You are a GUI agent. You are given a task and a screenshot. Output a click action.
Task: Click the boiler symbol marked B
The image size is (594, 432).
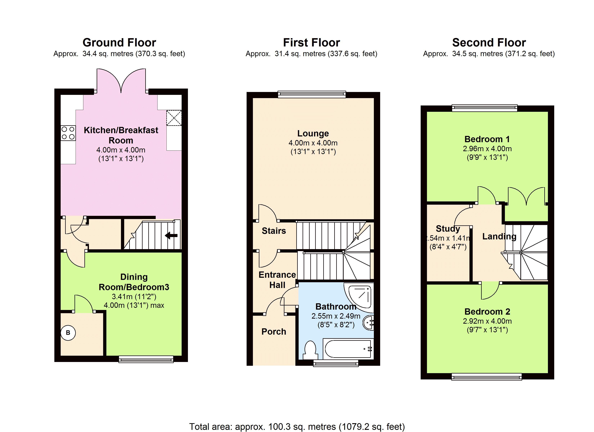coord(68,333)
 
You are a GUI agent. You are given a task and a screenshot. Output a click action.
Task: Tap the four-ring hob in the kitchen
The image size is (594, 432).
coord(68,133)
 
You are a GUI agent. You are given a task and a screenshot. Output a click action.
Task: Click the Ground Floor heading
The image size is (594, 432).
coord(119,42)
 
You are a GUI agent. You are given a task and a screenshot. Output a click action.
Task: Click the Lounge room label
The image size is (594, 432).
coord(313,133)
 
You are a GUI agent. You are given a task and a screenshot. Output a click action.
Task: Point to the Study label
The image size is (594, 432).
coord(448,228)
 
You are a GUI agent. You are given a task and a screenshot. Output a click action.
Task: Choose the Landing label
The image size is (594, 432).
coord(499,236)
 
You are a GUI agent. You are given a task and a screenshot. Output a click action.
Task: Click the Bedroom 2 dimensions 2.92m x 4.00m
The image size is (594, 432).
coord(487,321)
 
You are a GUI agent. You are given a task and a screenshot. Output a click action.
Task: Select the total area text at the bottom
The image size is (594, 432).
coord(297,426)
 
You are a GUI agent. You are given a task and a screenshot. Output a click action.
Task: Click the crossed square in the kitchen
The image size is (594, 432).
coord(174,118)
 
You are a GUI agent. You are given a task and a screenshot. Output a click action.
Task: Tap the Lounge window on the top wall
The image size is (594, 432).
coord(312,94)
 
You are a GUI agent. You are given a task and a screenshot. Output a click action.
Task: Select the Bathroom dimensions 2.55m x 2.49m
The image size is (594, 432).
coord(336,316)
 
